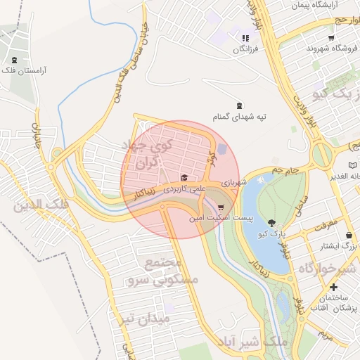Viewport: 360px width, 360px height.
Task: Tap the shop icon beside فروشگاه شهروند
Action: (x=330, y=37)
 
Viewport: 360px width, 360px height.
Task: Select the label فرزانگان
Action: (x=245, y=51)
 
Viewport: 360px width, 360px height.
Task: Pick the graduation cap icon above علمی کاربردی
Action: (x=184, y=177)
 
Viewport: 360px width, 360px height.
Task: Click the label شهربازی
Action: (x=235, y=182)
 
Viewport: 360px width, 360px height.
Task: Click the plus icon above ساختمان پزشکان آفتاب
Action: (x=333, y=288)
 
